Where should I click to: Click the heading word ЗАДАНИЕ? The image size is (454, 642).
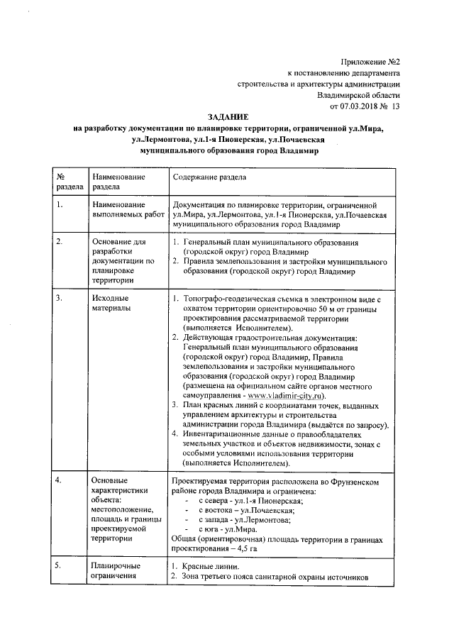coord(228,116)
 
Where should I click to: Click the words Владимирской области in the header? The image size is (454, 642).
coord(359,94)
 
